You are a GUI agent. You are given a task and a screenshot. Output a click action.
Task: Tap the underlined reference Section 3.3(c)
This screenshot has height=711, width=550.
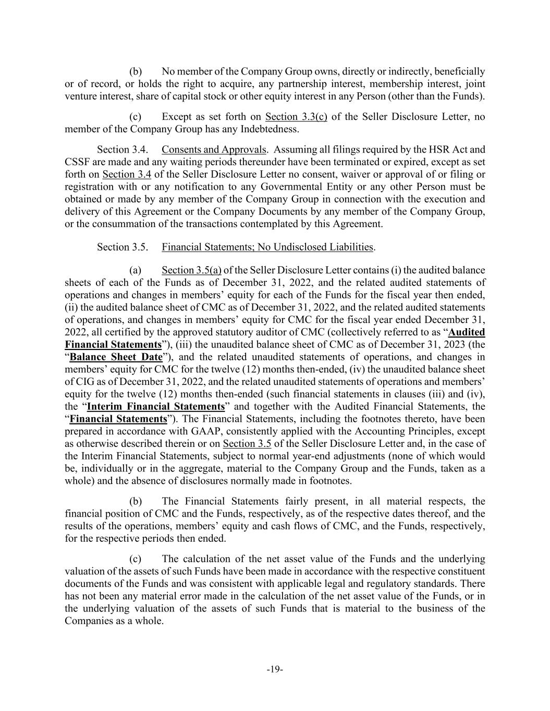[296, 117]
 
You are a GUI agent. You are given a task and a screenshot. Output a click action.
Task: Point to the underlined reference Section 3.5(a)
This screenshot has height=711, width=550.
[191, 270]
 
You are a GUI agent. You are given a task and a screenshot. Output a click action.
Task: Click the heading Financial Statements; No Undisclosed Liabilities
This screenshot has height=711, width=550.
[267, 247]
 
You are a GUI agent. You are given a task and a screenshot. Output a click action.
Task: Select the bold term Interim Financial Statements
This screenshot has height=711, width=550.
[156, 406]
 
